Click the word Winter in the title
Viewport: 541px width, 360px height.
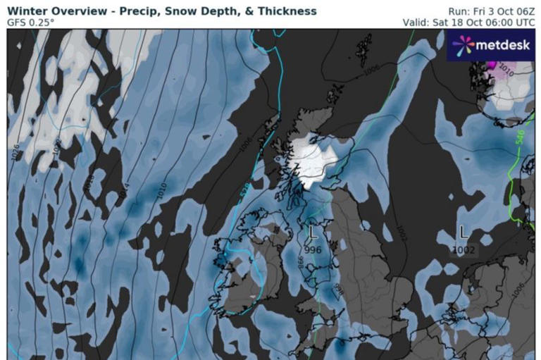tap(26, 11)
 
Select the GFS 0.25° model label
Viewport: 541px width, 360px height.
tap(30, 23)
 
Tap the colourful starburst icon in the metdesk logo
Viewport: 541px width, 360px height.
tap(462, 46)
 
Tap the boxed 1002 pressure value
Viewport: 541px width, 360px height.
tap(464, 249)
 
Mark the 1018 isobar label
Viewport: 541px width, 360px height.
tap(89, 181)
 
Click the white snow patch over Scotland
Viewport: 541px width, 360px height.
tap(310, 156)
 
